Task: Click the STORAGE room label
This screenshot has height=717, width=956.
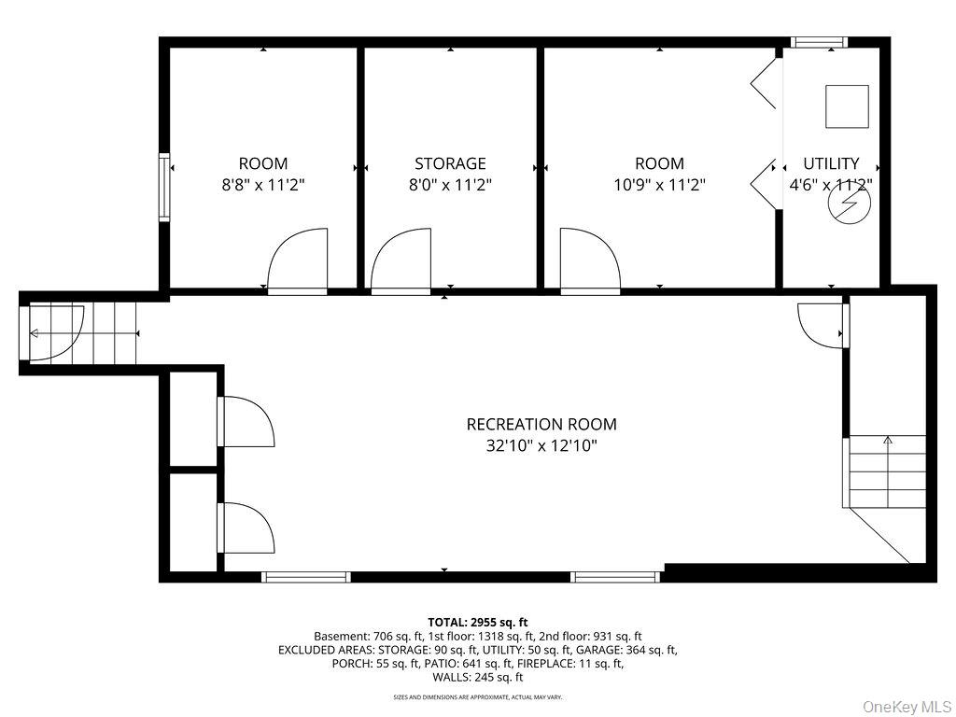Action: coord(450,163)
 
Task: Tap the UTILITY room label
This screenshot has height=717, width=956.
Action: coord(831,163)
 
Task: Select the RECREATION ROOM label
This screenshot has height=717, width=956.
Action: coord(541,424)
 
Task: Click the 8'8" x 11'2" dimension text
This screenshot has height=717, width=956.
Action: coord(262,184)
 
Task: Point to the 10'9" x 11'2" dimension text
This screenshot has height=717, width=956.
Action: coord(659,184)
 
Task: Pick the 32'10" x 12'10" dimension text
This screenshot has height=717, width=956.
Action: coord(541,445)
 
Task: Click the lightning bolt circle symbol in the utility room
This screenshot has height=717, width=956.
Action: coord(848,202)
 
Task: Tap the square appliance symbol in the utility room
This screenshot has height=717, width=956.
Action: coord(847,106)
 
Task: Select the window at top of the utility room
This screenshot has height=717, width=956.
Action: coord(819,42)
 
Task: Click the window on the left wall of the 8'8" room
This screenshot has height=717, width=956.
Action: coord(164,187)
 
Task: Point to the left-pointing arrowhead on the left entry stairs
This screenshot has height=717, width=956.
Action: coord(34,333)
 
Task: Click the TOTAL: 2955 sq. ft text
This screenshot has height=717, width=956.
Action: coord(477,623)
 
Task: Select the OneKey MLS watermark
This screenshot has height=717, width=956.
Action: coord(907,707)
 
